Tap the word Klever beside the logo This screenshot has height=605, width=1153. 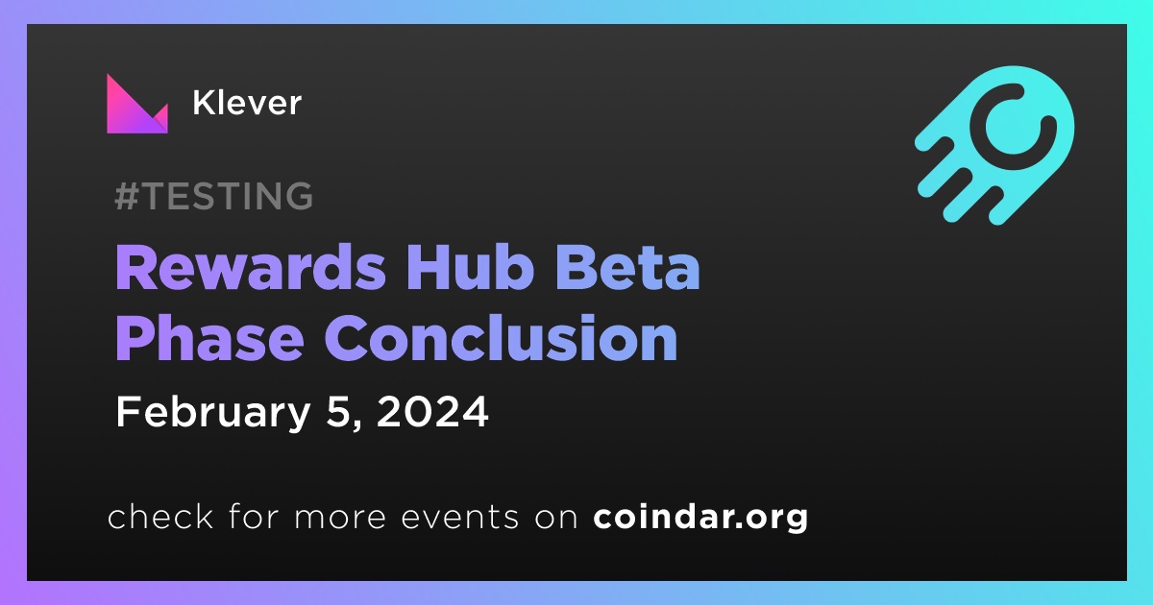click(x=247, y=103)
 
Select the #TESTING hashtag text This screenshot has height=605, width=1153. click(x=214, y=196)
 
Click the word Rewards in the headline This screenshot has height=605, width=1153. click(x=250, y=268)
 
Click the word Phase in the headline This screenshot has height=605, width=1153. click(x=210, y=337)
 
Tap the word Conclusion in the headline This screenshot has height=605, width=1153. click(x=501, y=337)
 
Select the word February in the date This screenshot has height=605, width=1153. click(x=213, y=413)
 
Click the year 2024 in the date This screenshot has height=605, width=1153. click(x=432, y=412)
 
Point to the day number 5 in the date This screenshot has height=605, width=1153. click(x=338, y=412)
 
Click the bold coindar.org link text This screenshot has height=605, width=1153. click(x=700, y=518)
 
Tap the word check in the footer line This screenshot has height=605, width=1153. click(x=160, y=517)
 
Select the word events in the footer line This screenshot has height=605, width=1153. click(x=459, y=518)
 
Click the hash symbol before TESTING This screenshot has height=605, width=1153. click(x=127, y=196)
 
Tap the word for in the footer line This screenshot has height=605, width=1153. click(x=254, y=517)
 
